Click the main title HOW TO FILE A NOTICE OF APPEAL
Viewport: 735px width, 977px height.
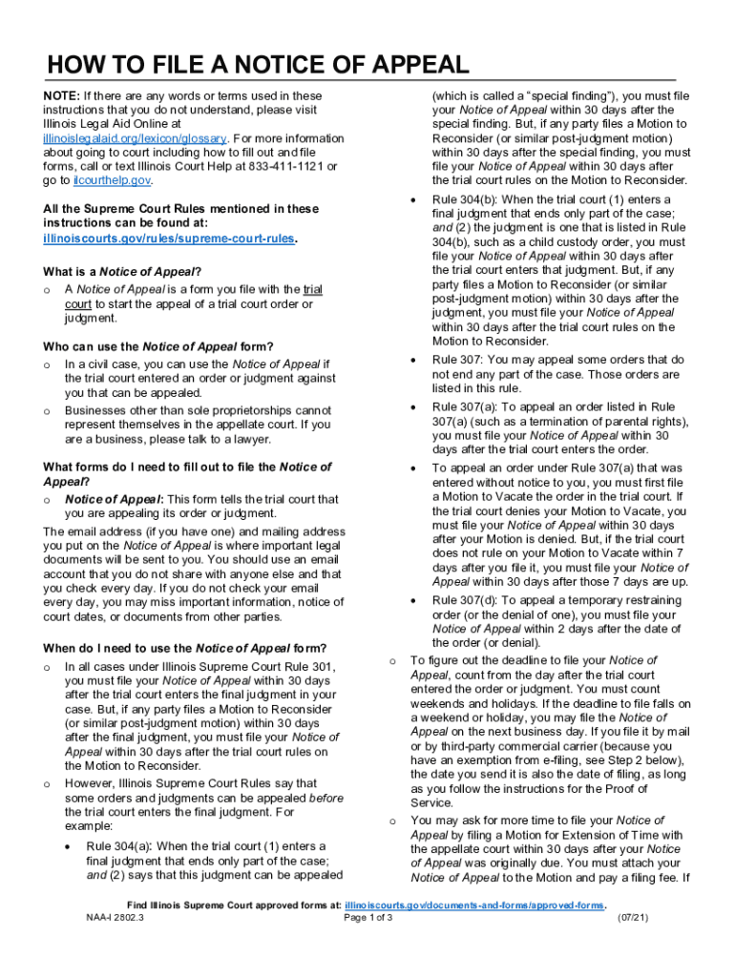[257, 65]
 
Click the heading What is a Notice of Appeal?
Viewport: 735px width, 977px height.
[122, 270]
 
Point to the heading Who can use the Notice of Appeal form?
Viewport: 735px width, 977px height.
[158, 345]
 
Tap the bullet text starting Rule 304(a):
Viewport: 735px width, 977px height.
[206, 846]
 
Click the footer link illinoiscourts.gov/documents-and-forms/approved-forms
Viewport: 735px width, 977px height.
[475, 904]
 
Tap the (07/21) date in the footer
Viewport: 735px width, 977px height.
[633, 918]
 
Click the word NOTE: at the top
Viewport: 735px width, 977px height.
[61, 96]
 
